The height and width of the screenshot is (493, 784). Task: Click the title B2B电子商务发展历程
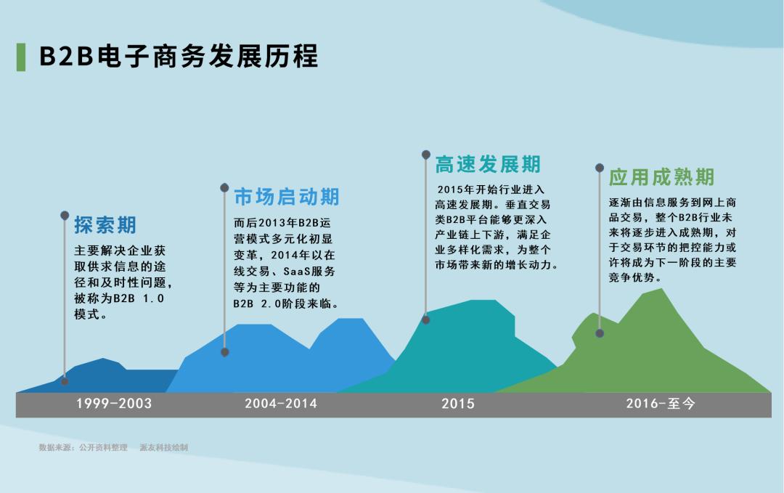click(x=179, y=57)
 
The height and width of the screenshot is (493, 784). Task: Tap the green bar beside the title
click(x=20, y=57)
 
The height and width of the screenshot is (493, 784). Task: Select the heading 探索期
click(x=105, y=225)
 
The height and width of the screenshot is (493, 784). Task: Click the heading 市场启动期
click(x=287, y=197)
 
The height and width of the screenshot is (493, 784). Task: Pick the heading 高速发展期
click(x=488, y=165)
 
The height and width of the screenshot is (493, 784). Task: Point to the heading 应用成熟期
click(x=661, y=177)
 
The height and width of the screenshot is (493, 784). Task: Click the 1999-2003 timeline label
click(x=114, y=404)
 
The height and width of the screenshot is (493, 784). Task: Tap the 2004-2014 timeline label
click(x=281, y=404)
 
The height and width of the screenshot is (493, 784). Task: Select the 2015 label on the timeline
click(x=457, y=404)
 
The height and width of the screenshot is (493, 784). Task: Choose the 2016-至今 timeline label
click(x=661, y=404)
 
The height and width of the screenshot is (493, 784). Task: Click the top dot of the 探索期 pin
click(x=65, y=216)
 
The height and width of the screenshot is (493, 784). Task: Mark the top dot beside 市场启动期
click(x=225, y=188)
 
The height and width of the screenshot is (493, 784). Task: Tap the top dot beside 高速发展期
click(x=426, y=155)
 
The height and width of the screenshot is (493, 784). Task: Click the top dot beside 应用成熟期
click(x=600, y=168)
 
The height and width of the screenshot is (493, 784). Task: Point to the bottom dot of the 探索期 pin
click(x=65, y=381)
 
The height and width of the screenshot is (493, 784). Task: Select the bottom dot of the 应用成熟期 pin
click(x=600, y=333)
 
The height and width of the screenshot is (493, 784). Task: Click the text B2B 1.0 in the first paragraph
click(x=151, y=299)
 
